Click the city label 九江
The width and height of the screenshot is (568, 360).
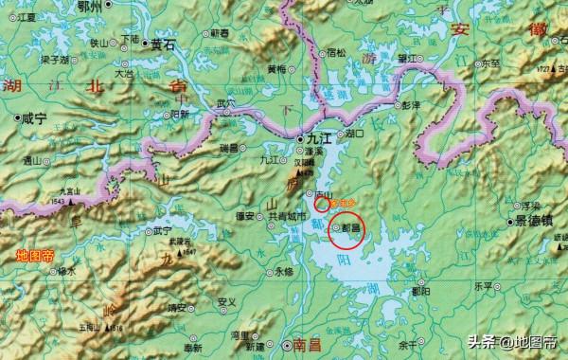coord(316,139)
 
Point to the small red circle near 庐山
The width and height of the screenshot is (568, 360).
coord(323,201)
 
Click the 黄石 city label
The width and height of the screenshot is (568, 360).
coord(163,44)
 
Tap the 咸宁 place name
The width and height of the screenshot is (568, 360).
coord(33,119)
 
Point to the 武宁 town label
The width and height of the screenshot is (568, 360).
coord(163,230)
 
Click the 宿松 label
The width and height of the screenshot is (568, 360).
coord(336,51)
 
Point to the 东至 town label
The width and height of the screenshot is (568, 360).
coord(489,65)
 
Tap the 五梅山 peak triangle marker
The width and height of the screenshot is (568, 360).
coord(100,327)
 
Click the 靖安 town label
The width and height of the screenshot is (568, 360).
coord(174,307)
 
